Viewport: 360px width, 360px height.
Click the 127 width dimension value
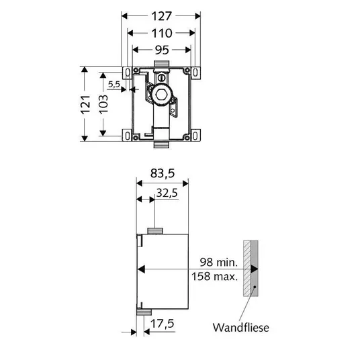[161, 16]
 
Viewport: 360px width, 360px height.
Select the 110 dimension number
[162, 34]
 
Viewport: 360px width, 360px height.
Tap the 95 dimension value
[162, 50]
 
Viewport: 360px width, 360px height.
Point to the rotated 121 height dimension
[85, 105]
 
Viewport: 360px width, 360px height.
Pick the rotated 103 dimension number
[103, 105]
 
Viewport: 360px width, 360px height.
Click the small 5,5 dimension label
[114, 85]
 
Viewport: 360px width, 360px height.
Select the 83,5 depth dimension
[163, 173]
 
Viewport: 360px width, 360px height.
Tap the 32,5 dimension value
[167, 193]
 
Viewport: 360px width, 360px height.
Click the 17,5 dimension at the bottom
[163, 324]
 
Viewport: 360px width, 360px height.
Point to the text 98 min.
[218, 262]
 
